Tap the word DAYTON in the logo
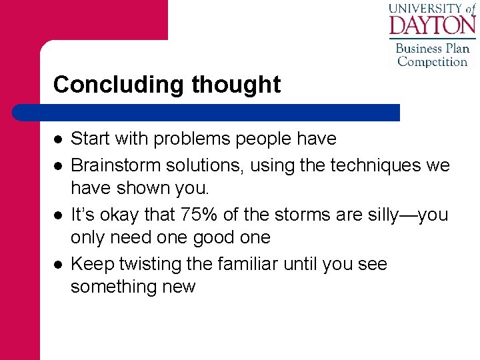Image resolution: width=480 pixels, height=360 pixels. tap(432, 25)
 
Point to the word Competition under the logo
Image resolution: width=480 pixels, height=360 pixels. tap(433, 61)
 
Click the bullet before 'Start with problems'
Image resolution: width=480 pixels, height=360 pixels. tap(59, 139)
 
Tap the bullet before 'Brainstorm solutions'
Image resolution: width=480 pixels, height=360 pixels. tap(59, 165)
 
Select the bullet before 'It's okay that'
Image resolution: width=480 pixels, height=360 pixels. tap(59, 215)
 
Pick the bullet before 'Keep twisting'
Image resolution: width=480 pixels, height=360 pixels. tap(59, 265)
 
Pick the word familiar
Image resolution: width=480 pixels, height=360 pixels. tap(249, 264)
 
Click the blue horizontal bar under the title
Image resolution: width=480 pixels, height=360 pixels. tap(207, 112)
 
